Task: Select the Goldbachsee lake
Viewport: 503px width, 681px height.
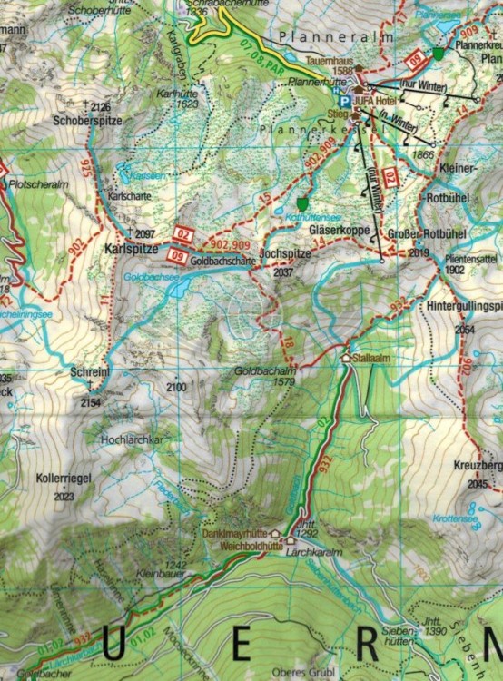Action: tap(179, 288)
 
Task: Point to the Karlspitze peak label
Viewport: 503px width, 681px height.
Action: tap(132, 247)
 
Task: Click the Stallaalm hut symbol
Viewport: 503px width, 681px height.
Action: tap(346, 358)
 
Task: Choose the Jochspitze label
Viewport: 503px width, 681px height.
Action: tap(285, 256)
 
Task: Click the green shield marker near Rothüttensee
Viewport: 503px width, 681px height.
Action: tap(302, 204)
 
